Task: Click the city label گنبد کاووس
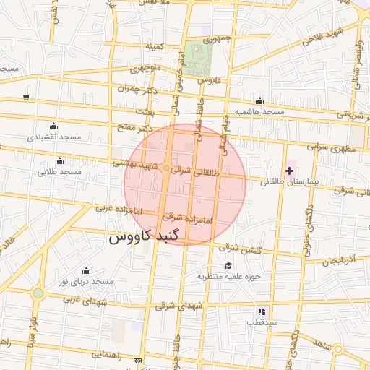click(x=147, y=236)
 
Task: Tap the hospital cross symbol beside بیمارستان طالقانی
click(x=290, y=171)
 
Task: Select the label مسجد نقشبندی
click(x=54, y=137)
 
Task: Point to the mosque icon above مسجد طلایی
click(x=59, y=160)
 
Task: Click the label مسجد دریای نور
click(x=87, y=280)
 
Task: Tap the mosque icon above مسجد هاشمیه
click(x=259, y=101)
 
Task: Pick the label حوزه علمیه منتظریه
click(x=228, y=276)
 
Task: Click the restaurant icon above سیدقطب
click(x=262, y=311)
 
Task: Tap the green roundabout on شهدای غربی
click(x=38, y=293)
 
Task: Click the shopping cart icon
click(x=26, y=96)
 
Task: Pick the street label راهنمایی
click(x=107, y=355)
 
